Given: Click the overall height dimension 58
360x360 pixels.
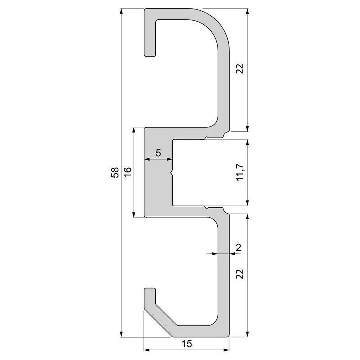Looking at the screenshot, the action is pos(115,172).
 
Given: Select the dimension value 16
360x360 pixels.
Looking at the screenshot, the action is pos(128,171).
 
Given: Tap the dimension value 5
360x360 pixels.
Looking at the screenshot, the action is pos(158,153).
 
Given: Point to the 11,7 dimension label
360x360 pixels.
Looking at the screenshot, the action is pos(240,172).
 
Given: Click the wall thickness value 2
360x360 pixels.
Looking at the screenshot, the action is pos(239,248).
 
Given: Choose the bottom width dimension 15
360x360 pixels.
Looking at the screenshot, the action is pos(186,344).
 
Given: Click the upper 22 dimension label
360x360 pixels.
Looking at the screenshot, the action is pos(239,69).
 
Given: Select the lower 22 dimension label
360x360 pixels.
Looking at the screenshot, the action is pos(239,274).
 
